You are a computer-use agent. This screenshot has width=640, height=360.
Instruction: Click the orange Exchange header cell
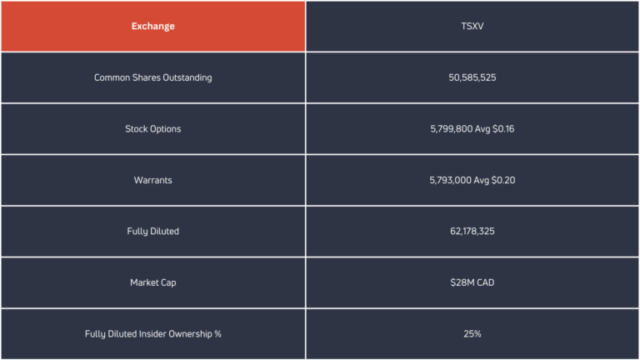click(x=153, y=27)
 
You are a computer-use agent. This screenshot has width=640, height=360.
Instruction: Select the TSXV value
click(x=472, y=27)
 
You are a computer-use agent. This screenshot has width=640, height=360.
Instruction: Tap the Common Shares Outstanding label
click(x=153, y=77)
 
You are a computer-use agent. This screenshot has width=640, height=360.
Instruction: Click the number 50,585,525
click(x=472, y=77)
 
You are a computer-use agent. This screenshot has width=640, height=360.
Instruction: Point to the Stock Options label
click(x=153, y=129)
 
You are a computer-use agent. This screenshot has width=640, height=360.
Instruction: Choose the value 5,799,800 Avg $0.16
click(x=472, y=129)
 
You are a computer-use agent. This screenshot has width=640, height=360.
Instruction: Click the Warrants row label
click(x=153, y=180)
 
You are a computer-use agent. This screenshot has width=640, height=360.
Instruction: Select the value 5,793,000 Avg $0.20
click(x=472, y=180)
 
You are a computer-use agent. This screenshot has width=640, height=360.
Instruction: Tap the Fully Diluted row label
click(x=153, y=232)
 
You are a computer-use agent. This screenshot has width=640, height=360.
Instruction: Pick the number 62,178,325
click(x=472, y=232)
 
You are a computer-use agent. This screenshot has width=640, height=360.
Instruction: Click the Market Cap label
click(x=153, y=282)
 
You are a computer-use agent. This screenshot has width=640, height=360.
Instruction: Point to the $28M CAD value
click(x=472, y=282)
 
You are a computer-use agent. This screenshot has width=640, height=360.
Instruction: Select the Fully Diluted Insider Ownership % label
click(x=153, y=334)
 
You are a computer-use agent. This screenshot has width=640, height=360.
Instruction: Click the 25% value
click(x=472, y=334)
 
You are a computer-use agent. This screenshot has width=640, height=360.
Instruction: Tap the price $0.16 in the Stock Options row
click(x=503, y=129)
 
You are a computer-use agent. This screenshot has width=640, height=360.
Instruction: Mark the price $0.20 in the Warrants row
click(x=503, y=180)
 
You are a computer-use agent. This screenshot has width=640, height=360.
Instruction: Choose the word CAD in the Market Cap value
click(x=485, y=282)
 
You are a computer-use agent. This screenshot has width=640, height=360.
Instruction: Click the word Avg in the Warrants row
click(x=481, y=180)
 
